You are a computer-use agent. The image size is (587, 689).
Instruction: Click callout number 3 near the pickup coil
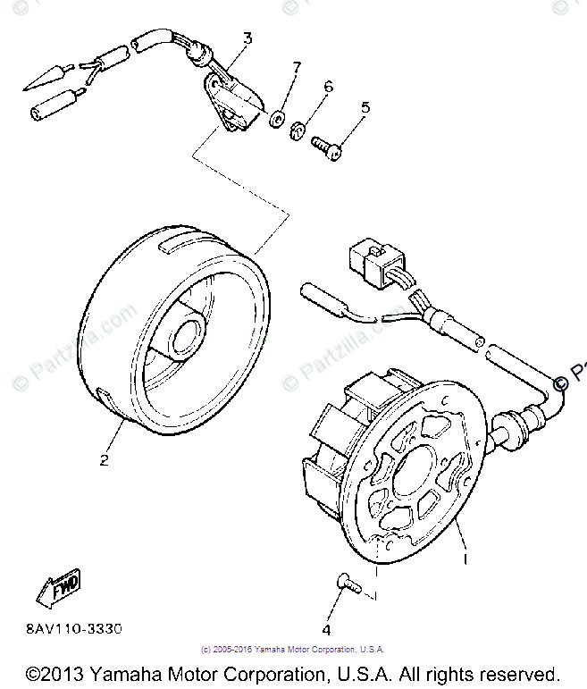pos(247,38)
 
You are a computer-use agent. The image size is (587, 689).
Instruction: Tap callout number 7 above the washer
pos(298,68)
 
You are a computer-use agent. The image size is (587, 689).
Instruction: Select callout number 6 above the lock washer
pos(328,87)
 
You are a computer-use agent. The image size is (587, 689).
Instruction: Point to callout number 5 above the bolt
pos(365,108)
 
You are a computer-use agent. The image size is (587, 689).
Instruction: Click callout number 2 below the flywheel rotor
pos(104,461)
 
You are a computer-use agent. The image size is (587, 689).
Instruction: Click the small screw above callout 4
pos(348,584)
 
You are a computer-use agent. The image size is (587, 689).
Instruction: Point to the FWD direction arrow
pos(58,588)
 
